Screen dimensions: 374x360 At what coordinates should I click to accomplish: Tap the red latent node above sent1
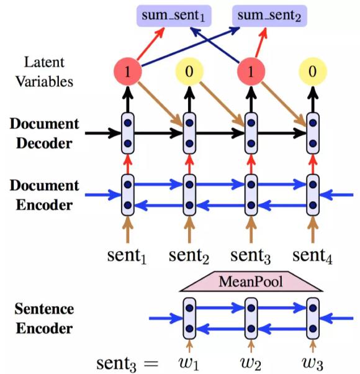click(127, 71)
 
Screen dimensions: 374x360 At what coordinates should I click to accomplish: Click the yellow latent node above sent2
click(189, 71)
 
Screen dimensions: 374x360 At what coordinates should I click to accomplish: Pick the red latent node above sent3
click(250, 71)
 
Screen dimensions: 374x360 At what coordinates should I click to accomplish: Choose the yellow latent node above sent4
click(312, 71)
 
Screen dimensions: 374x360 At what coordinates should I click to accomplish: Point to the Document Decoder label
click(44, 132)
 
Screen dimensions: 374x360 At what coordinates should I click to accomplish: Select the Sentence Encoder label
click(45, 317)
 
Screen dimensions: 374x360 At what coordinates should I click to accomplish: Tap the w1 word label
click(189, 360)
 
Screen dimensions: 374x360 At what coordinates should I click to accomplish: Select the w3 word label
click(312, 360)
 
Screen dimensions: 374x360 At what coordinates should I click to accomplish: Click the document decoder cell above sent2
click(189, 133)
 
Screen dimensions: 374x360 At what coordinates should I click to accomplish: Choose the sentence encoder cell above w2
click(251, 317)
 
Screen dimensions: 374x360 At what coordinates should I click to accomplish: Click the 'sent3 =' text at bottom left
click(127, 360)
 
